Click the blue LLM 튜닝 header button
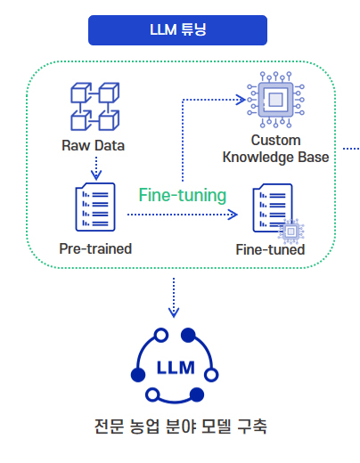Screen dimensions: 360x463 click(177, 30)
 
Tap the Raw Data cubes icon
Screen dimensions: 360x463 click(94, 107)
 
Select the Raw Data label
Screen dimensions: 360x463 click(93, 145)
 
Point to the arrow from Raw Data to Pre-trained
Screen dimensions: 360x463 click(96, 168)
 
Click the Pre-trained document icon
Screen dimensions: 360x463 click(95, 207)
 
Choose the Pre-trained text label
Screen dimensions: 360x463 click(95, 248)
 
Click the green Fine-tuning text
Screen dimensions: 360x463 click(183, 195)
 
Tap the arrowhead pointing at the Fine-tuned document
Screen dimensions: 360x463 click(233, 215)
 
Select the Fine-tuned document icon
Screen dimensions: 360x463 click(273, 207)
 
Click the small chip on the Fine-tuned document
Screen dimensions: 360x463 click(290, 231)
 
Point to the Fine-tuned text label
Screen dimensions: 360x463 click(270, 249)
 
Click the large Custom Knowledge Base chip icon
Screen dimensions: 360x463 click(275, 100)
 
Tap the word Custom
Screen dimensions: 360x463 click(275, 140)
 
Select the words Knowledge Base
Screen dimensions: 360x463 click(275, 158)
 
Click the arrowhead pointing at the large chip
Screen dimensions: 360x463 click(241, 100)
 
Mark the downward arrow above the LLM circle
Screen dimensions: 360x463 click(174, 297)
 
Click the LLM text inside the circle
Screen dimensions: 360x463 click(176, 368)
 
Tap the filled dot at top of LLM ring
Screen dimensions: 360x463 click(188, 335)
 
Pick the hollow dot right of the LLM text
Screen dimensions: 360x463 click(211, 375)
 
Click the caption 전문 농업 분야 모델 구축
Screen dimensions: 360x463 click(180, 426)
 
